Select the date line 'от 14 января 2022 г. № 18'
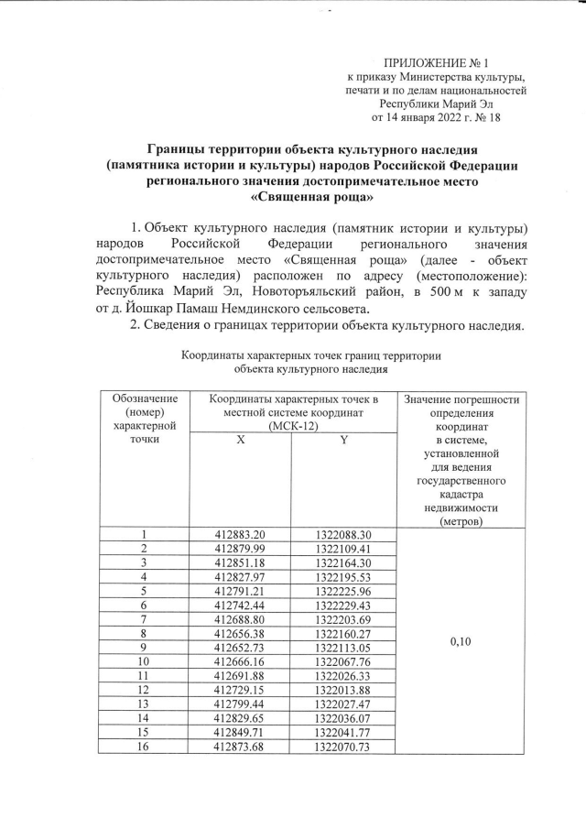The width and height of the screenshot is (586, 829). (435, 117)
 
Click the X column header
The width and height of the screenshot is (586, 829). (240, 440)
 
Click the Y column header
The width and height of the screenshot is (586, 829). (343, 440)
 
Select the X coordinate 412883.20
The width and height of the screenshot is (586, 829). (240, 534)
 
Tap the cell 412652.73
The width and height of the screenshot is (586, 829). (240, 649)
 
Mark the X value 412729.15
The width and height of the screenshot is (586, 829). (240, 692)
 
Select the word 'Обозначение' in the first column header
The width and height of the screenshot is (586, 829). (144, 399)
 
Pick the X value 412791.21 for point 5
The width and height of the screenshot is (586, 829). (240, 592)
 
